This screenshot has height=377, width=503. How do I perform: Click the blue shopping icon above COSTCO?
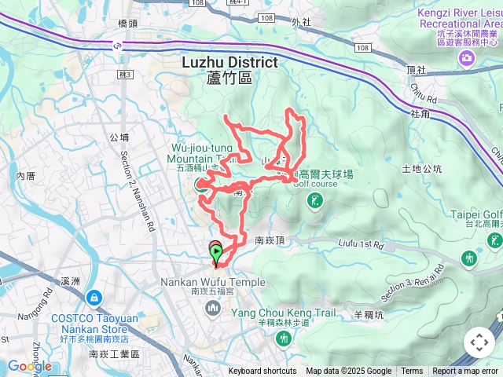click(x=94, y=298)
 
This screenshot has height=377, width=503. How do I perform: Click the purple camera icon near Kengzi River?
click(x=468, y=59)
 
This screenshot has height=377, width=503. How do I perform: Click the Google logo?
click(x=29, y=366)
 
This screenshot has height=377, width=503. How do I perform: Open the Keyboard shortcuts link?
click(x=263, y=372)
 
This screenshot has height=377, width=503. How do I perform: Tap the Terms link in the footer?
click(x=412, y=372)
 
